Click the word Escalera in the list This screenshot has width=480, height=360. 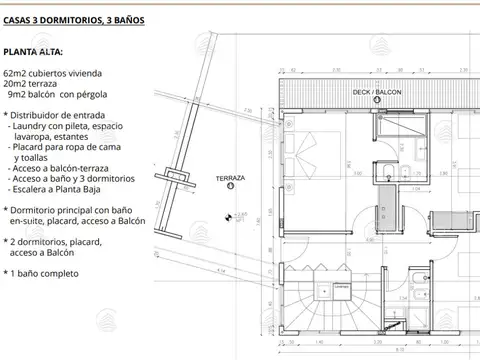coord(34,188)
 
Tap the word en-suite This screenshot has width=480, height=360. coord(28,220)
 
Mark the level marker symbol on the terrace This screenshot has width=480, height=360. coord(229,214)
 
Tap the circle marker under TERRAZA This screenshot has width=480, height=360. coord(231,186)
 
